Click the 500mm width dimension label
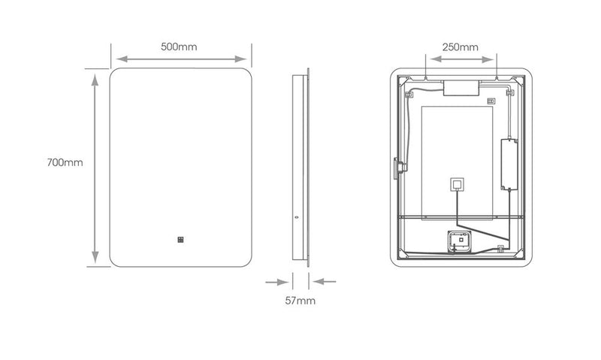(x=179, y=47)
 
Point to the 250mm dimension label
(x=460, y=47)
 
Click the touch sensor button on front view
(x=181, y=241)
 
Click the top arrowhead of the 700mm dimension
(x=95, y=76)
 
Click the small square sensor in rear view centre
(x=456, y=184)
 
